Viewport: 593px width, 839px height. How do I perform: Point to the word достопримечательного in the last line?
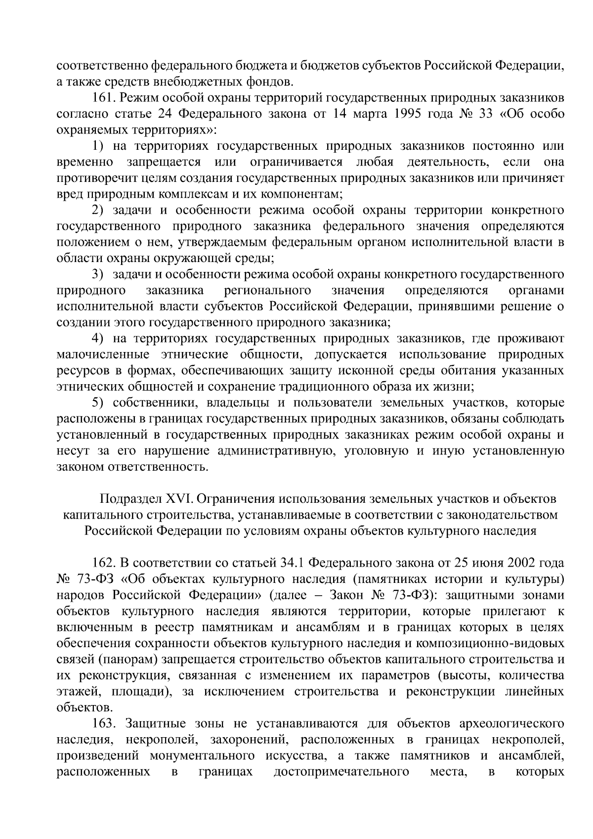[341, 772]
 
